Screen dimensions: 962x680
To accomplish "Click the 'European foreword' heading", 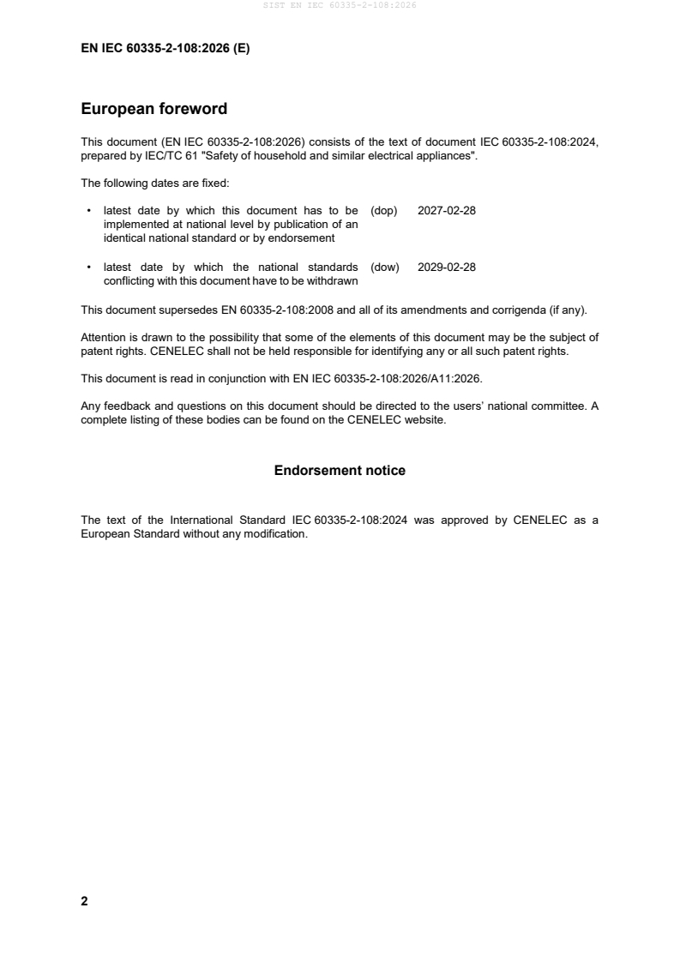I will click(x=153, y=109).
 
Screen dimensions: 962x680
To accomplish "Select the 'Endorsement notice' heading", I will click(x=340, y=470).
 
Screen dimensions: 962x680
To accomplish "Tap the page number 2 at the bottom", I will click(x=84, y=901).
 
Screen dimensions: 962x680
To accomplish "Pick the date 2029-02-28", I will click(x=446, y=267).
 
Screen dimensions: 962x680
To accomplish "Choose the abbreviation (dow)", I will click(x=385, y=267).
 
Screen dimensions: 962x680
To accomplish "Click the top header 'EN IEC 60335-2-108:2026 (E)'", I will click(x=165, y=49).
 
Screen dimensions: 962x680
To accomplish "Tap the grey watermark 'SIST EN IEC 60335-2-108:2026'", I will click(x=340, y=5).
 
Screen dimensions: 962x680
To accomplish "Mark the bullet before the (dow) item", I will click(x=90, y=267).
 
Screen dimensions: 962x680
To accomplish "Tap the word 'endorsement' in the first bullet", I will click(x=304, y=237).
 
